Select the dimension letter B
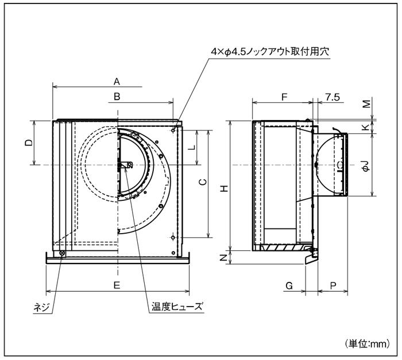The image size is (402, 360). tap(117, 97)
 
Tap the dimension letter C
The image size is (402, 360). tap(202, 183)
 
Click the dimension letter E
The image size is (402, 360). tap(117, 285)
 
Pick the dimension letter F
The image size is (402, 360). tap(284, 97)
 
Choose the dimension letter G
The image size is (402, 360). tap(289, 285)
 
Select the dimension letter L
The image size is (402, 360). tap(192, 146)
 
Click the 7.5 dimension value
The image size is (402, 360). tap(331, 97)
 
